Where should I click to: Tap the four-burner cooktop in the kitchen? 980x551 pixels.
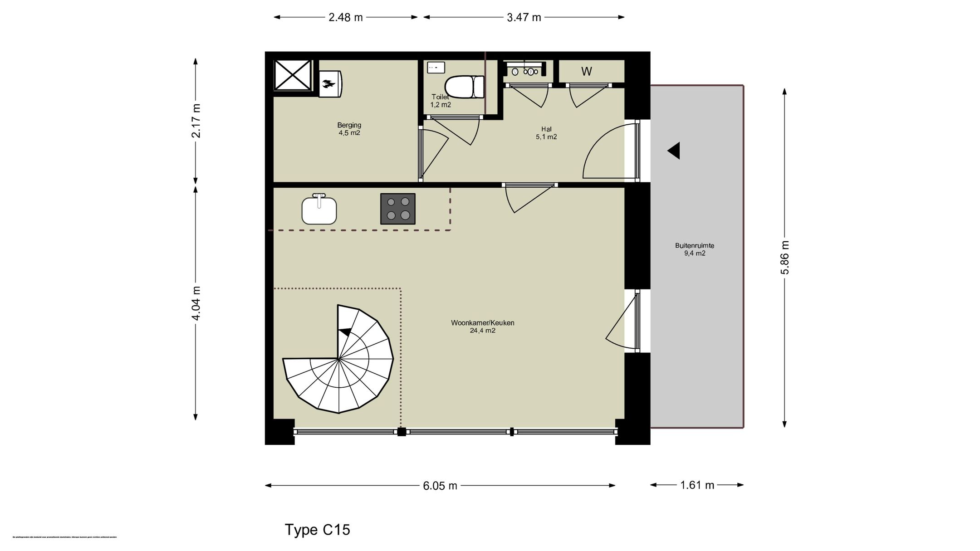[x=397, y=209]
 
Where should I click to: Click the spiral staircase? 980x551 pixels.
[x=339, y=361]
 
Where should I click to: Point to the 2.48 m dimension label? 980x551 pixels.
[x=346, y=18]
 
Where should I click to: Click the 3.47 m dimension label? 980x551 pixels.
[x=524, y=18]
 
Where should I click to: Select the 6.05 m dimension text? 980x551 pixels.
[x=440, y=486]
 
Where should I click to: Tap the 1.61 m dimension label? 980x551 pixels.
[x=697, y=485]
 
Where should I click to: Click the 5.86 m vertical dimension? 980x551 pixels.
[x=785, y=257]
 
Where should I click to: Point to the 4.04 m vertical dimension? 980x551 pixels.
[x=196, y=303]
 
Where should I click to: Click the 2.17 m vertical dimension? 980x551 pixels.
[x=196, y=121]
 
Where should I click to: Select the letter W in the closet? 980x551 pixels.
[x=586, y=72]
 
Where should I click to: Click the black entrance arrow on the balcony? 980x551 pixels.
[x=674, y=151]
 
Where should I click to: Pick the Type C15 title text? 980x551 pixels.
[x=317, y=530]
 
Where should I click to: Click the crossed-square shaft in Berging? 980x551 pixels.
[x=293, y=75]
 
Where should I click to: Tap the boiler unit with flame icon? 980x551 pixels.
[x=330, y=83]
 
